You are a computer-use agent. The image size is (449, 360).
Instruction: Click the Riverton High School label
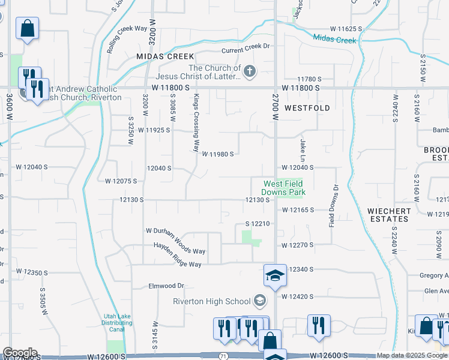click(x=212, y=301)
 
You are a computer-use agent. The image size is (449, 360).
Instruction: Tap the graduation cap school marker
click(x=275, y=276)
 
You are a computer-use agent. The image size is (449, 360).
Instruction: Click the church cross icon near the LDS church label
click(x=250, y=73)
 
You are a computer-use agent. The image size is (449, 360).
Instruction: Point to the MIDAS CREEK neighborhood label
click(x=157, y=56)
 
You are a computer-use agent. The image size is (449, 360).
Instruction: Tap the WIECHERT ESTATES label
click(x=389, y=215)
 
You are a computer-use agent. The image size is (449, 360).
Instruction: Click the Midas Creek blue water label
click(x=334, y=40)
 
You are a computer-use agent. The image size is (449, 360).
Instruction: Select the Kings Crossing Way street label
click(x=196, y=122)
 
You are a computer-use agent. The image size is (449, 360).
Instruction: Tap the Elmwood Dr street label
click(x=166, y=286)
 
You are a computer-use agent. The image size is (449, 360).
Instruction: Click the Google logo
click(x=20, y=353)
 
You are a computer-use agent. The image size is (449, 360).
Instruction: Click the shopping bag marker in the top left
click(x=27, y=28)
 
